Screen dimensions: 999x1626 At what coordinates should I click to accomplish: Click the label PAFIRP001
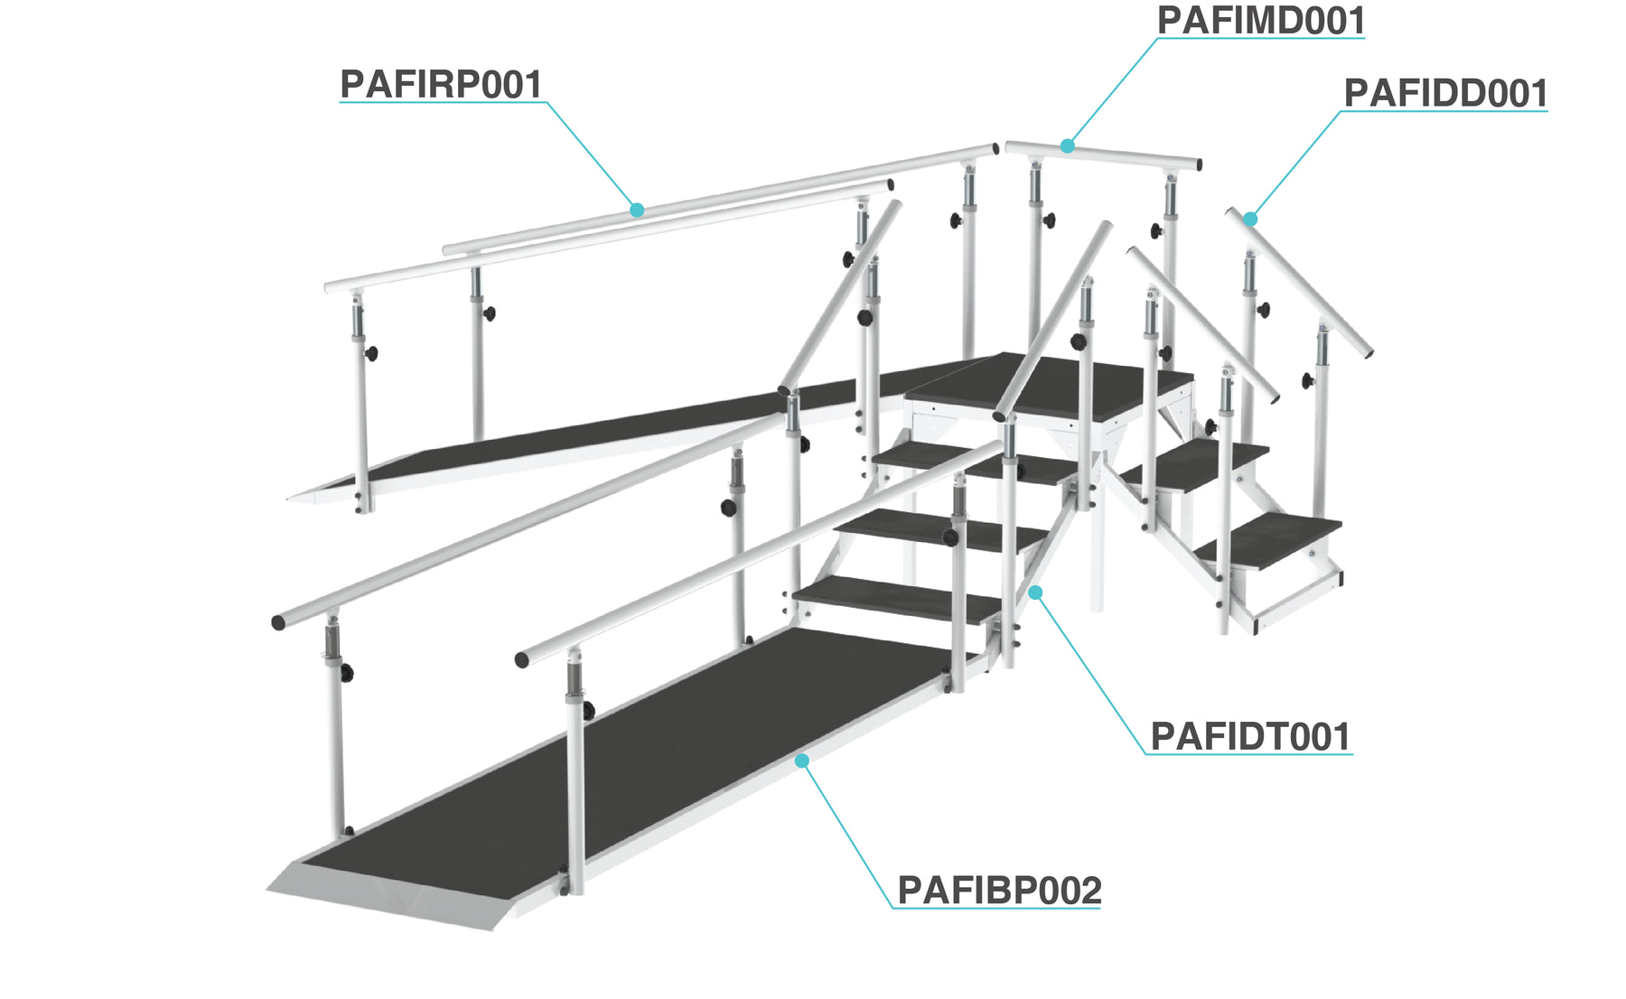pos(441,85)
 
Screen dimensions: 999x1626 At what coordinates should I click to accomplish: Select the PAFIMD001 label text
pos(1260,21)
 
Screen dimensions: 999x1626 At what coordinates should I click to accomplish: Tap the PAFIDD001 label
pos(1445,94)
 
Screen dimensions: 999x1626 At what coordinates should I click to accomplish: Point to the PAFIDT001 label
pos(1249,737)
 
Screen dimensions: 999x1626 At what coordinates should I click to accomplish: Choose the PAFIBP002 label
pos(998,891)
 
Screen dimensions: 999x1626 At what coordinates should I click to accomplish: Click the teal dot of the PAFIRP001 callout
pos(637,210)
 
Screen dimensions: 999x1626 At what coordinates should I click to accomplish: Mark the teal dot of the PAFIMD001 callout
pos(1068,145)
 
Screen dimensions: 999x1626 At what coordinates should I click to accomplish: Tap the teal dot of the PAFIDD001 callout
pos(1250,219)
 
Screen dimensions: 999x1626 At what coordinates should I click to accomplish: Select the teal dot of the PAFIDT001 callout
pos(1036,593)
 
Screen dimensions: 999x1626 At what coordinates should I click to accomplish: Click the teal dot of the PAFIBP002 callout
pos(801,761)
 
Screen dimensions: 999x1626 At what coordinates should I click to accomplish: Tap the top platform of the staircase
pos(1048,384)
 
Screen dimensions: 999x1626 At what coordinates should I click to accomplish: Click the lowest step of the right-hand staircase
pos(1265,540)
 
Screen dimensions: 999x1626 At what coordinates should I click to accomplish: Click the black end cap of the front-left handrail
pos(278,622)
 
